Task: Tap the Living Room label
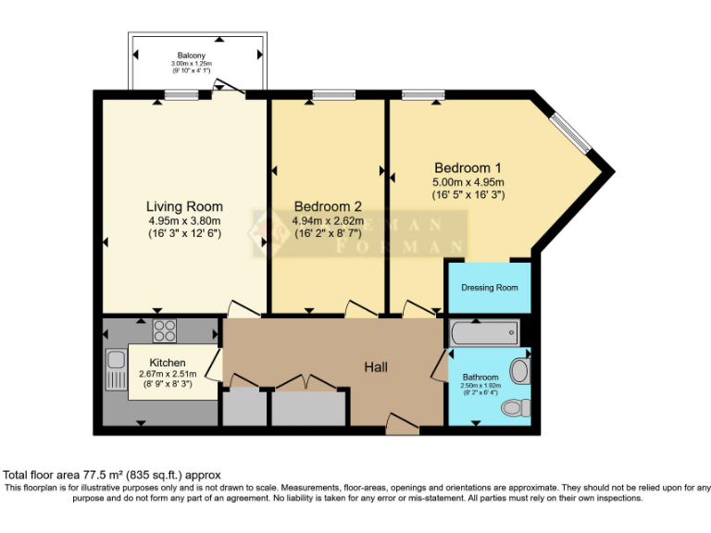pyautogui.click(x=184, y=206)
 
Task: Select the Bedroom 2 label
pyautogui.click(x=328, y=206)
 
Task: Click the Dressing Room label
pyautogui.click(x=490, y=288)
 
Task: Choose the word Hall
pyautogui.click(x=376, y=367)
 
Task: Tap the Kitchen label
pyautogui.click(x=168, y=362)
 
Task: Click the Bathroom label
pyautogui.click(x=480, y=378)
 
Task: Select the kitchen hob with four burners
pyautogui.click(x=165, y=330)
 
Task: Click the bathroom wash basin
pyautogui.click(x=519, y=372)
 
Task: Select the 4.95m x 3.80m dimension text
pyautogui.click(x=184, y=221)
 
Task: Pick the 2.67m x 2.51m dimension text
pyautogui.click(x=168, y=373)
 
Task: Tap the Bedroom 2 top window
pyautogui.click(x=327, y=94)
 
